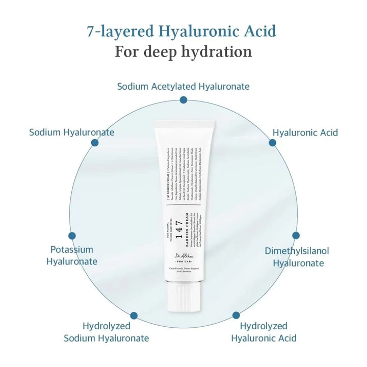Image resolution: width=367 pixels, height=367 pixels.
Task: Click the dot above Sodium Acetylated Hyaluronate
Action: click(183, 100)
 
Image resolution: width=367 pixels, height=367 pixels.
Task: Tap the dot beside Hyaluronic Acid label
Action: click(273, 143)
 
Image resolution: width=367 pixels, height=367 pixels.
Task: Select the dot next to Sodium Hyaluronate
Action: click(95, 143)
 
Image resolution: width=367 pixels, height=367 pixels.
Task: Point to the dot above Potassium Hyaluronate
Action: click(72, 236)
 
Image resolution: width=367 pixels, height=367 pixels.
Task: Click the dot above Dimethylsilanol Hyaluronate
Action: click(296, 235)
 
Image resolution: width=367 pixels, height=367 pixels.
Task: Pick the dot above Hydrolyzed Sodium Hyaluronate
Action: click(134, 316)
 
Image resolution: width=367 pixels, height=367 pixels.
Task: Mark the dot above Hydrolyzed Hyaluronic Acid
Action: click(236, 316)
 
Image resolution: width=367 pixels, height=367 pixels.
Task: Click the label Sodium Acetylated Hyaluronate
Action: click(183, 86)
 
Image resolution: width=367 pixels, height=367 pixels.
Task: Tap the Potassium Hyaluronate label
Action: click(72, 255)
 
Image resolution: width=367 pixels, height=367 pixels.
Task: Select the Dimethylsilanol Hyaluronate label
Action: click(298, 257)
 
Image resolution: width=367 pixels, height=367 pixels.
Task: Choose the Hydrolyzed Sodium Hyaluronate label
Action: click(107, 332)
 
